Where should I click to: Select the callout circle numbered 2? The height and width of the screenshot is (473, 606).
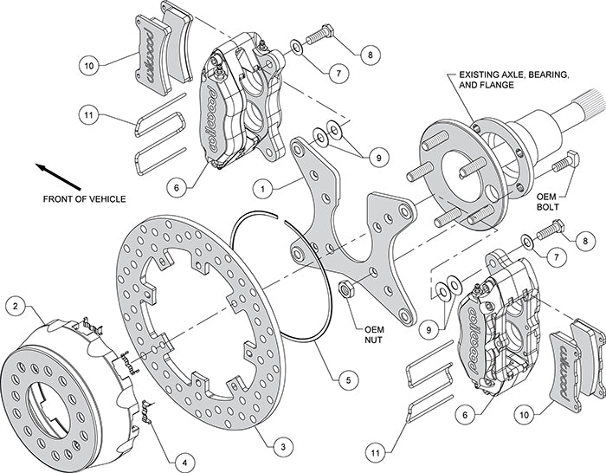click(x=15, y=305)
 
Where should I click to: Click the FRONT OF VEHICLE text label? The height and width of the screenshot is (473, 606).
click(x=84, y=199)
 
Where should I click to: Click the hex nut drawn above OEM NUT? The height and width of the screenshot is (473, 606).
click(x=345, y=289)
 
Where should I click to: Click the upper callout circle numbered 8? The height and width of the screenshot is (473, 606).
click(x=371, y=55)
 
